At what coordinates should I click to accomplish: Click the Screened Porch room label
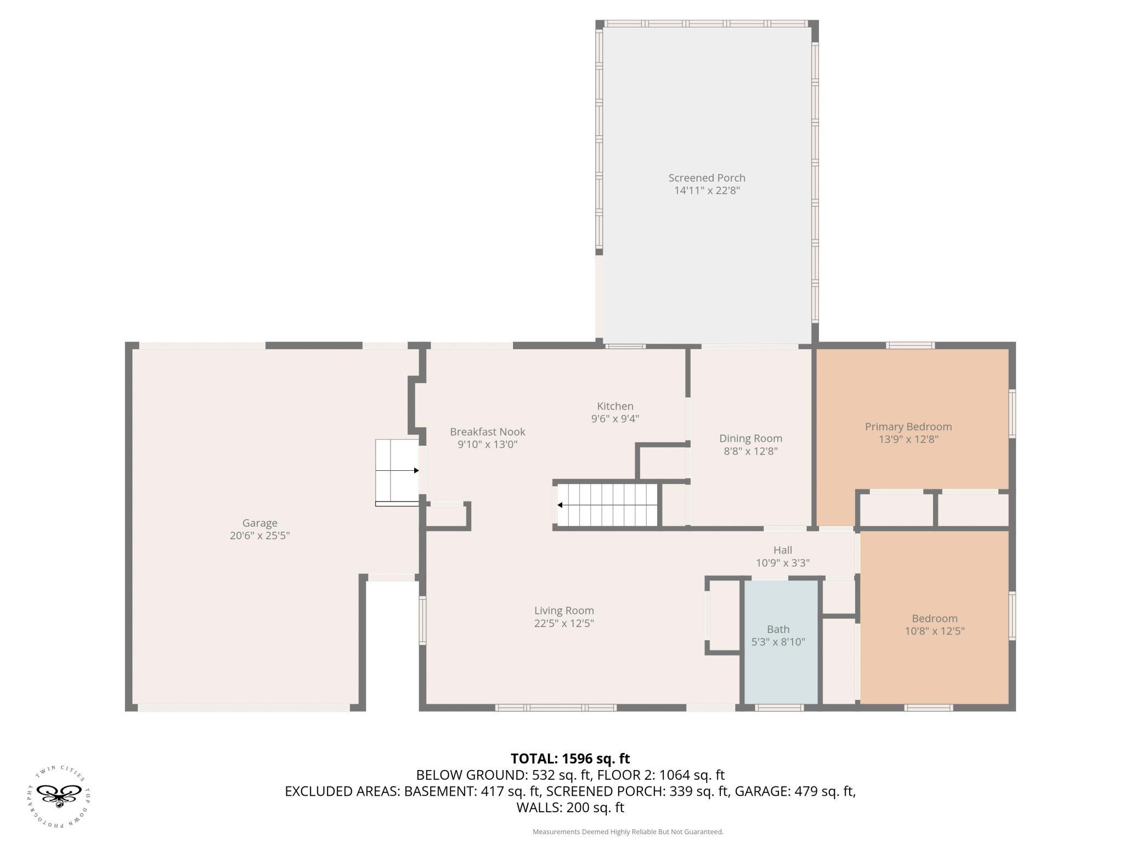pyautogui.click(x=707, y=178)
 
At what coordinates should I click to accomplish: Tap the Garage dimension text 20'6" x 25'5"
pyautogui.click(x=259, y=535)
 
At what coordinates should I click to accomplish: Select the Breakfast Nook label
pyautogui.click(x=488, y=432)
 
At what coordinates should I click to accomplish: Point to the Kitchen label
pyautogui.click(x=615, y=406)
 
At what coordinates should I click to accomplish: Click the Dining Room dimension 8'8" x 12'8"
pyautogui.click(x=750, y=451)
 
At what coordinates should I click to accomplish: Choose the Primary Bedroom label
pyautogui.click(x=908, y=426)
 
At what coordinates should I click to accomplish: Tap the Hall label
pyautogui.click(x=783, y=550)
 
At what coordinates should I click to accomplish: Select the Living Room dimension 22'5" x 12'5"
pyautogui.click(x=564, y=623)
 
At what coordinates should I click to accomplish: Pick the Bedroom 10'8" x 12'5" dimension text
pyautogui.click(x=934, y=631)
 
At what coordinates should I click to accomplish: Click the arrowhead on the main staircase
pyautogui.click(x=560, y=505)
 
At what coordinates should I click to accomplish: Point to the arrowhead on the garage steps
pyautogui.click(x=416, y=470)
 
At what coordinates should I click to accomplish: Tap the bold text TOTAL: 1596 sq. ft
pyautogui.click(x=570, y=759)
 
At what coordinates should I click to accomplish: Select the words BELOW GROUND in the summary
pyautogui.click(x=471, y=775)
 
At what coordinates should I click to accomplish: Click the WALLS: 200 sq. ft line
pyautogui.click(x=570, y=807)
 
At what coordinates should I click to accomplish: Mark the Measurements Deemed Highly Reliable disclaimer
pyautogui.click(x=628, y=832)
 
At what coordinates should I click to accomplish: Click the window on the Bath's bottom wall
pyautogui.click(x=780, y=708)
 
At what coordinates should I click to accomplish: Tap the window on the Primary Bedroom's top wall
pyautogui.click(x=910, y=345)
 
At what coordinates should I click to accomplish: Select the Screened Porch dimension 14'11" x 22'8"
pyautogui.click(x=707, y=191)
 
